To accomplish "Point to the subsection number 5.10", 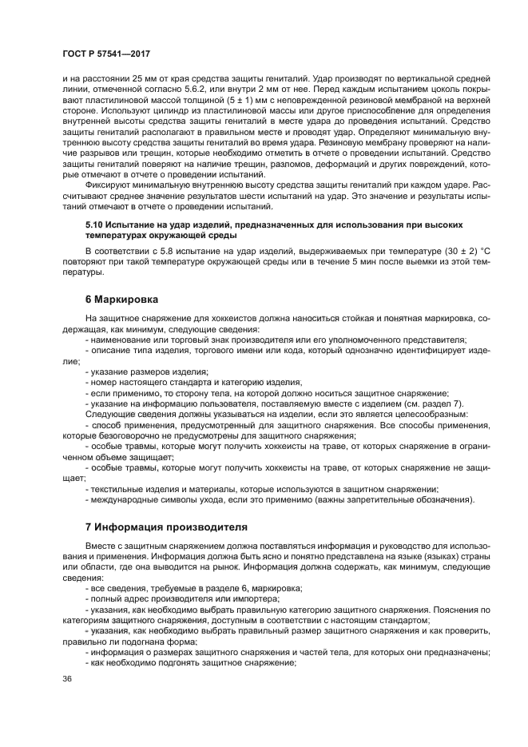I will point(95,225).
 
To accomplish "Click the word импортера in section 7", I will point(254,598).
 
